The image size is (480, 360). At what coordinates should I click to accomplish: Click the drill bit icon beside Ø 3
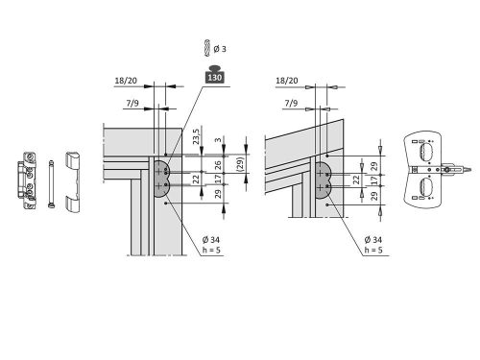(x=207, y=48)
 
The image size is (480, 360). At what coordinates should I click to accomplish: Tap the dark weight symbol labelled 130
(x=214, y=74)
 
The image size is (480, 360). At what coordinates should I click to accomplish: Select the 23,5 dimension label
(x=196, y=136)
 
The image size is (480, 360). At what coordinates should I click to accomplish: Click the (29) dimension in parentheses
(x=241, y=163)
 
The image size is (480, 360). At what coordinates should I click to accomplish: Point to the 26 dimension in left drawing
(x=218, y=165)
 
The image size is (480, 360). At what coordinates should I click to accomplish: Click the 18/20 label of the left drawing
(x=126, y=81)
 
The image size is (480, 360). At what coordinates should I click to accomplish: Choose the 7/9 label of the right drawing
(x=291, y=103)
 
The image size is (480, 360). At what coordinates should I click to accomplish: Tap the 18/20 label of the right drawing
(x=287, y=81)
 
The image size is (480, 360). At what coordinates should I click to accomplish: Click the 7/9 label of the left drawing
(x=132, y=103)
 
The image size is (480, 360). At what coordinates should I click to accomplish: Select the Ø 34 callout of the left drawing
(x=211, y=239)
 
